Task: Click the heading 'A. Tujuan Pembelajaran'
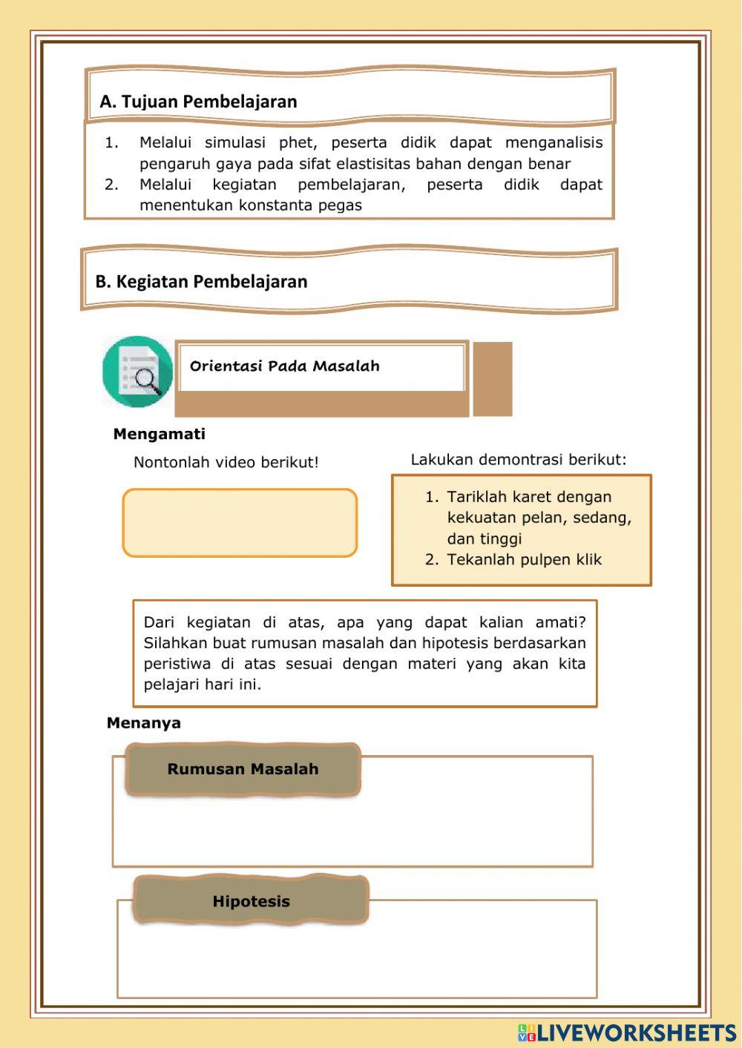tap(198, 102)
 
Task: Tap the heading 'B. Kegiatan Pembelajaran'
tap(201, 282)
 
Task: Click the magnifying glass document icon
tap(138, 372)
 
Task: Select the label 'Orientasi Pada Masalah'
tap(284, 366)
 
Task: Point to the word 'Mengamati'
tap(159, 434)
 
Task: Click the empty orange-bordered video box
tap(240, 522)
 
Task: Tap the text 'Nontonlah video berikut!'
tap(226, 462)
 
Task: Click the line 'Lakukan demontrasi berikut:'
tap(518, 459)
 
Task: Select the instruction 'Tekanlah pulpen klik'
tap(524, 559)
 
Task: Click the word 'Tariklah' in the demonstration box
tap(476, 497)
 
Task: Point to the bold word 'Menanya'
tap(143, 722)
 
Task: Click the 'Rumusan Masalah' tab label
tap(243, 769)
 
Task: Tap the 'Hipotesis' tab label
tap(251, 901)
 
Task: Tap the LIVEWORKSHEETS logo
tap(627, 1032)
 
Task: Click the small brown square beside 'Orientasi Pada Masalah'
tap(492, 378)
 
